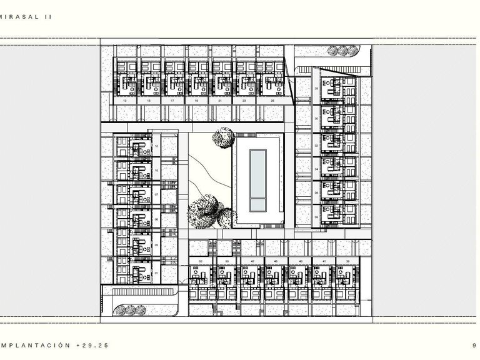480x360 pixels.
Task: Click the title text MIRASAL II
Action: click(26, 17)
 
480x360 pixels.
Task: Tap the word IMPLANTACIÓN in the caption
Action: click(35, 344)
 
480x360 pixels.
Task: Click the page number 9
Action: click(475, 344)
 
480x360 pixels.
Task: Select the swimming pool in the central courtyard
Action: click(257, 181)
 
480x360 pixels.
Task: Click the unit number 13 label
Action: click(125, 100)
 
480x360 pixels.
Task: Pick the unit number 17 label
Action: click(172, 100)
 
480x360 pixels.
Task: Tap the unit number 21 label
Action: click(219, 100)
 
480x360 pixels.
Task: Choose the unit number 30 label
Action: click(316, 119)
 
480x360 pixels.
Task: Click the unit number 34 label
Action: click(316, 169)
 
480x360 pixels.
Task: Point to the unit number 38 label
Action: click(316, 217)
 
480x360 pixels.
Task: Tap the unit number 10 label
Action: click(156, 170)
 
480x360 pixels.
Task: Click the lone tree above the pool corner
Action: click(222, 137)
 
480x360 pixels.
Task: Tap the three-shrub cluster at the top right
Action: click(341, 51)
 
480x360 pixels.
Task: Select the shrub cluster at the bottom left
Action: click(129, 309)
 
